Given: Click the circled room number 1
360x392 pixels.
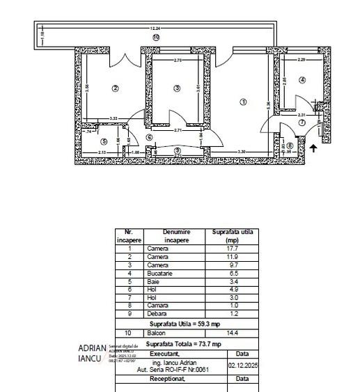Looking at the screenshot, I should click(243, 102).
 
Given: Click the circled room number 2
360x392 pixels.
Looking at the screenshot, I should click(116, 88).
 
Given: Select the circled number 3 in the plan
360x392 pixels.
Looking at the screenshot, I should click(177, 88).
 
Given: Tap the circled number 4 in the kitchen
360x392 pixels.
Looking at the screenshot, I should click(302, 80).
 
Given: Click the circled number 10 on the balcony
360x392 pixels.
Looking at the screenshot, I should click(156, 37).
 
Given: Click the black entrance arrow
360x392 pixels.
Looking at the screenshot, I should click(313, 148).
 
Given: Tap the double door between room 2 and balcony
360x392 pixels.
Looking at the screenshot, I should click(125, 58).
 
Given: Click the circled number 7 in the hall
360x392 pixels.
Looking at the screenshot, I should click(302, 123).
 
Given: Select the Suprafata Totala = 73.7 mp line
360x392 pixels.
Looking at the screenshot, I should click(185, 344).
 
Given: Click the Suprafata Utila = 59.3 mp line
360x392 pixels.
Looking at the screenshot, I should click(185, 324).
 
